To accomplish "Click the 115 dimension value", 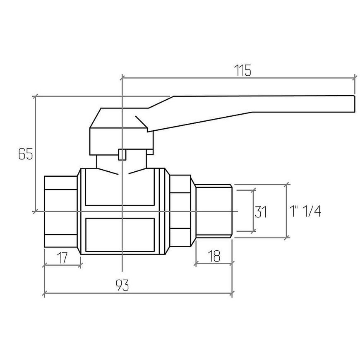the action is pyautogui.click(x=242, y=70).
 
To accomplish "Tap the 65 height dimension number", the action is pyautogui.click(x=26, y=154).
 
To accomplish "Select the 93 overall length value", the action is pyautogui.click(x=122, y=285).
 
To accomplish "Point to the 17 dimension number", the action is pyautogui.click(x=62, y=258).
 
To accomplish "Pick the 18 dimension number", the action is pyautogui.click(x=214, y=256).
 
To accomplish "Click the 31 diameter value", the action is pyautogui.click(x=261, y=212).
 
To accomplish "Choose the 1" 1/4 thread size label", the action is pyautogui.click(x=305, y=211).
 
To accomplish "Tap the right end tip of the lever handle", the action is pyautogui.click(x=355, y=104).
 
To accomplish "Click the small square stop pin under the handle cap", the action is pyautogui.click(x=122, y=154).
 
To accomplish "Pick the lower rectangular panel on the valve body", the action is pyautogui.click(x=120, y=235).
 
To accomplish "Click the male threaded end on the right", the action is pyautogui.click(x=214, y=211).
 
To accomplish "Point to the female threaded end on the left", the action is pyautogui.click(x=60, y=211).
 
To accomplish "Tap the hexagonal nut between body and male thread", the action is pyautogui.click(x=180, y=211).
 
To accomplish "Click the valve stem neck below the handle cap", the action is pyautogui.click(x=122, y=162).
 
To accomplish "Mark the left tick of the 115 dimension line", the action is pyautogui.click(x=122, y=78).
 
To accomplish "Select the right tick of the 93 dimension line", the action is pyautogui.click(x=232, y=293).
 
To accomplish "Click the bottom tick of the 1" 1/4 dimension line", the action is pyautogui.click(x=286, y=238).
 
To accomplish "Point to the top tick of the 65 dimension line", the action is pyautogui.click(x=35, y=96).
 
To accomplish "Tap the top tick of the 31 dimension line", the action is pyautogui.click(x=254, y=190).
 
